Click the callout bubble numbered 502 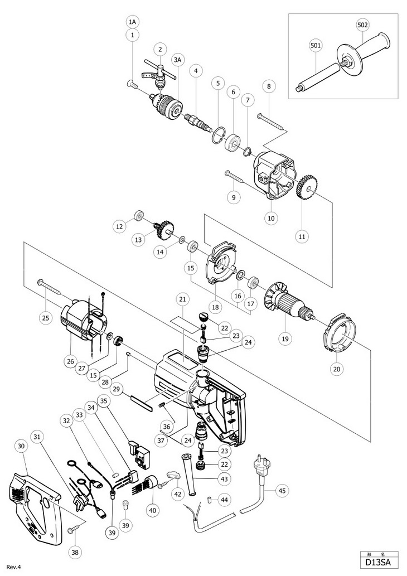tap(362, 25)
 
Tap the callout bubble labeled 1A tap(132, 22)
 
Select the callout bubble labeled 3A tap(178, 60)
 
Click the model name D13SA tap(377, 562)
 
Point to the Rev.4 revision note tap(13, 568)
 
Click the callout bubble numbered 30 tap(21, 446)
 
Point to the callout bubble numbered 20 tap(337, 369)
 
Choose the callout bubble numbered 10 tap(271, 218)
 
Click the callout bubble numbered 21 tap(182, 299)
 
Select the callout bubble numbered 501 tap(316, 46)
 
